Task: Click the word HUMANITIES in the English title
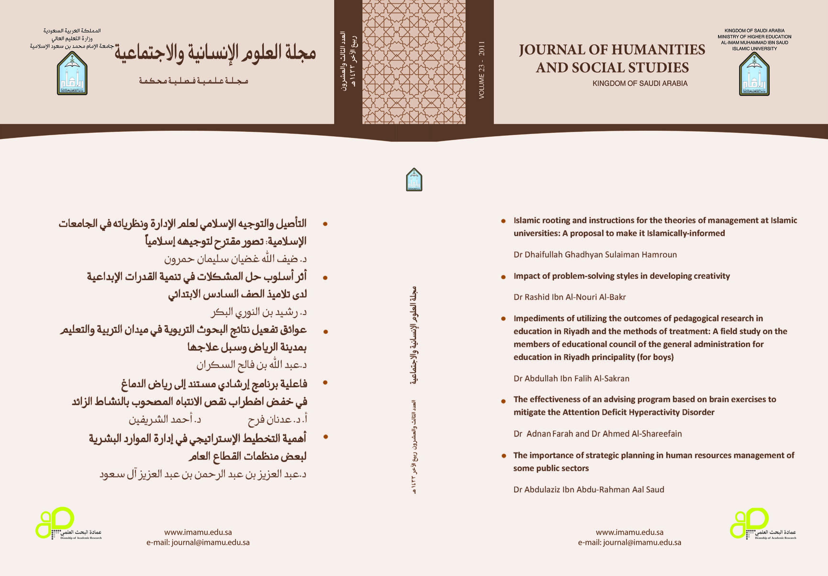[661, 50]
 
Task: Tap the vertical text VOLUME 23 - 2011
[482, 70]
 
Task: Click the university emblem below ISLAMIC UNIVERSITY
[754, 74]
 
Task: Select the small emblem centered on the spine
[414, 179]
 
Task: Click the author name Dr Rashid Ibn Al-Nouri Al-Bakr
[569, 297]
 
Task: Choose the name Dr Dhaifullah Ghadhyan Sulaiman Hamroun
[595, 255]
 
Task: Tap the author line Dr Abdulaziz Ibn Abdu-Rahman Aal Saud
[589, 489]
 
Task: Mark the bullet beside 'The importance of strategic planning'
[503, 456]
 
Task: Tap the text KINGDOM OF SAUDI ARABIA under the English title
[640, 83]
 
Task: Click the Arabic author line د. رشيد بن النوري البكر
[259, 312]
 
